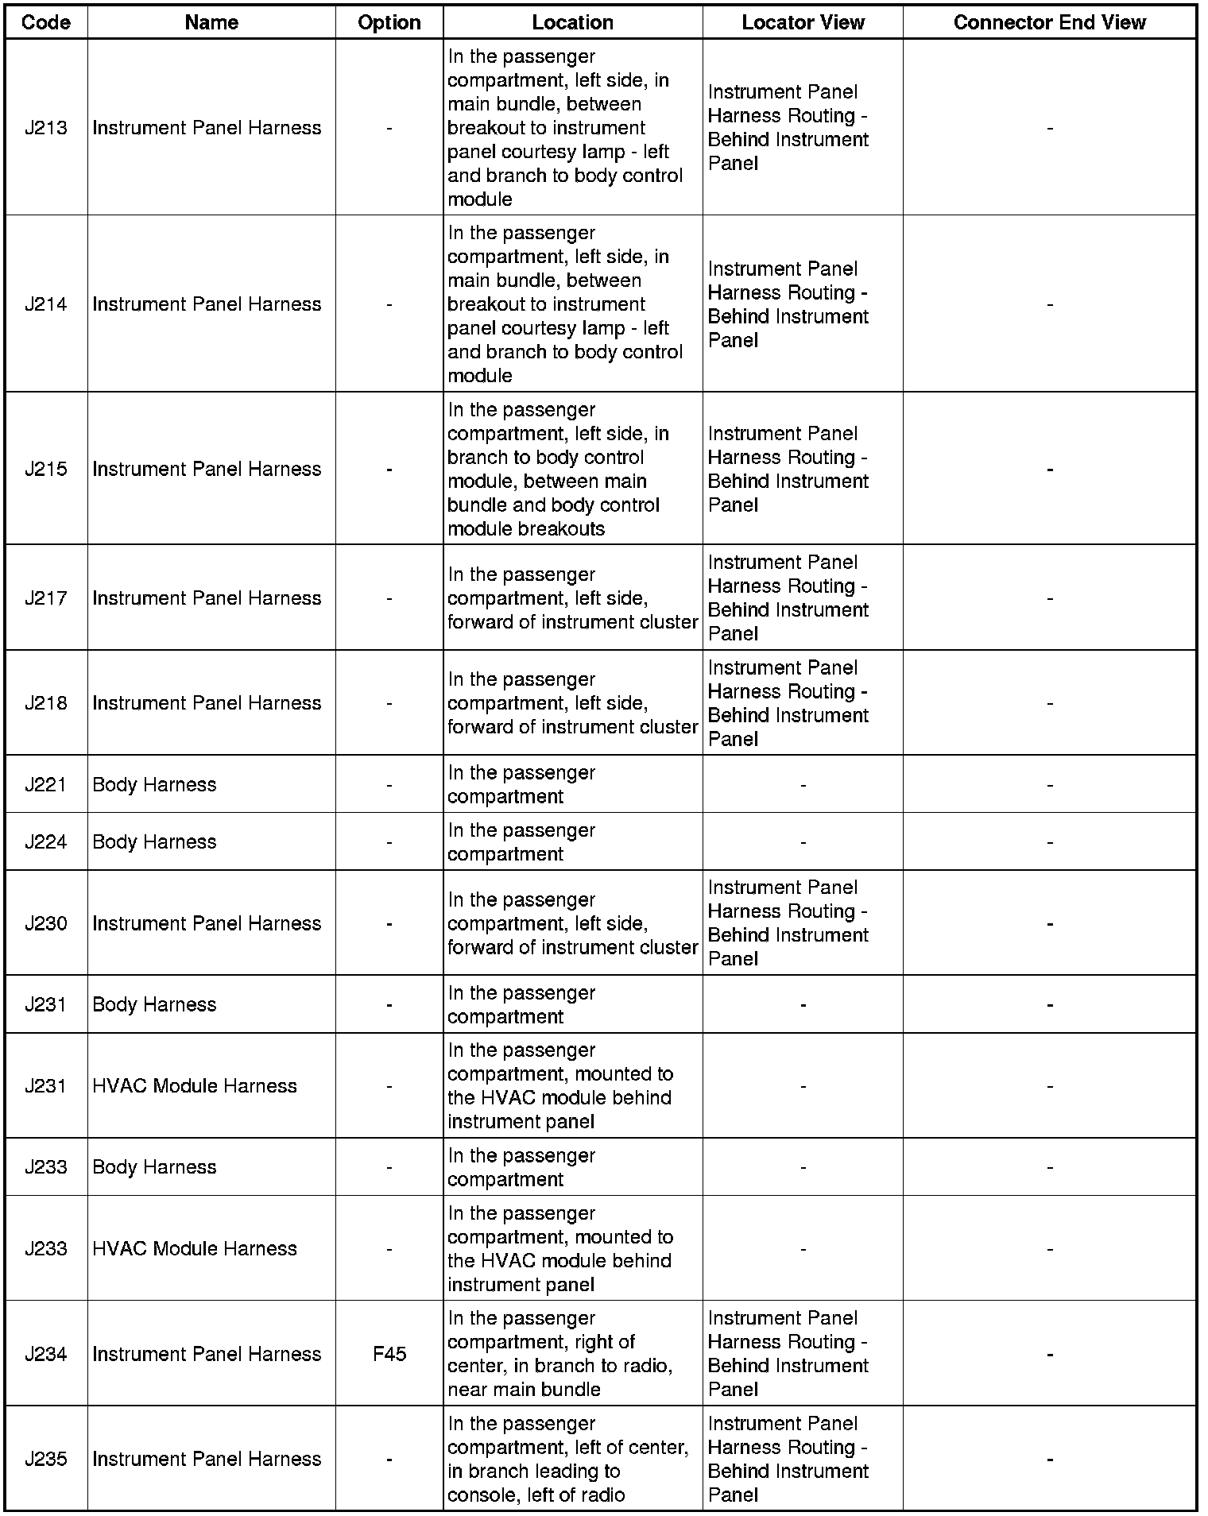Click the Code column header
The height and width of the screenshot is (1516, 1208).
46,22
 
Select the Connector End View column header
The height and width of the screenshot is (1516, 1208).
1049,22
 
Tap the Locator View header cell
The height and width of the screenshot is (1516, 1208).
803,22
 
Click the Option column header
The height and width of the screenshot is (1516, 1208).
389,22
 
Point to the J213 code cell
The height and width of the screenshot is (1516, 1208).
46,128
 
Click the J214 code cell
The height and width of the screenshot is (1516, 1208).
46,304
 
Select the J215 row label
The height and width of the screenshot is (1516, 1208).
46,469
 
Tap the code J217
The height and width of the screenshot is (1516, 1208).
46,598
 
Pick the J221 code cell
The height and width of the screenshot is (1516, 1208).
46,784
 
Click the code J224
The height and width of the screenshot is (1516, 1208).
46,841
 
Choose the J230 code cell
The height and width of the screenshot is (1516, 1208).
46,923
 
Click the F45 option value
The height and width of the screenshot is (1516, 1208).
389,1354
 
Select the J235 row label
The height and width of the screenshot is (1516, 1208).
46,1459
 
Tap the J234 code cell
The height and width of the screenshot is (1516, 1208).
46,1354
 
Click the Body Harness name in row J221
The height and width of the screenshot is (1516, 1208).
154,784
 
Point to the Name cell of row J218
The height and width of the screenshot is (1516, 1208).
207,703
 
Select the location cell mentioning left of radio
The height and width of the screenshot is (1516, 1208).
567,1459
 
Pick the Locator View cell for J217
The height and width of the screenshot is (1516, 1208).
788,598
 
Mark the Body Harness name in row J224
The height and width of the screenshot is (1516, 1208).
154,841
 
